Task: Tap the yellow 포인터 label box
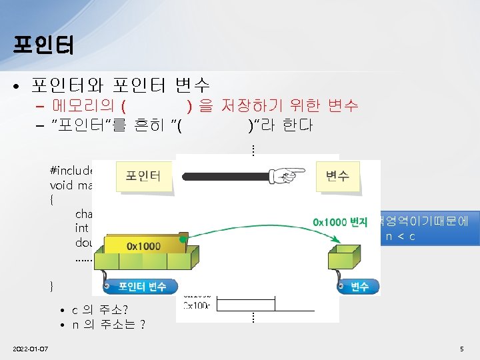click(143, 175)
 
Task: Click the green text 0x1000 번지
click(340, 221)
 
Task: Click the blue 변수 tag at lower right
click(358, 287)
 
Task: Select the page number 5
click(461, 349)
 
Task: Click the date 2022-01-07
click(34, 349)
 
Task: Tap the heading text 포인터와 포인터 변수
click(121, 85)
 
